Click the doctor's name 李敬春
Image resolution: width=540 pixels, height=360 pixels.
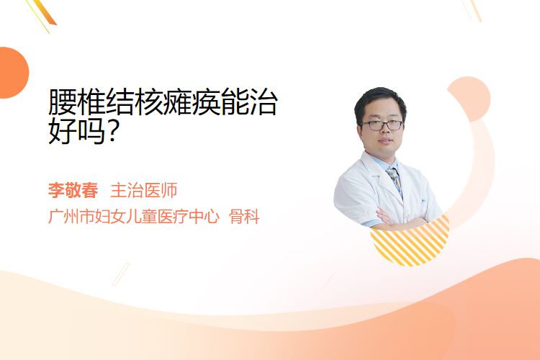tap(73, 191)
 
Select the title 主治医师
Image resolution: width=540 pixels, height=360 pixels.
tap(144, 191)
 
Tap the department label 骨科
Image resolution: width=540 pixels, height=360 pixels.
tap(244, 217)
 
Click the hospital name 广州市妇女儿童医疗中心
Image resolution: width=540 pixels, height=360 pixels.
tap(134, 217)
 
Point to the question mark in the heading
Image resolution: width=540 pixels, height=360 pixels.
tap(111, 130)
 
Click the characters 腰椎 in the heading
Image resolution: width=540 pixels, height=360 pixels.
tap(77, 102)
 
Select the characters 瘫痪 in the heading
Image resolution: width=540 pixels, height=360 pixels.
tap(192, 102)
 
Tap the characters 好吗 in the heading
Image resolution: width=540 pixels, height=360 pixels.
tap(77, 131)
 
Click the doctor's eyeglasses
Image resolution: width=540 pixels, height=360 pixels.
tap(382, 125)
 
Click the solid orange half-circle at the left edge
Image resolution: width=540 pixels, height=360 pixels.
tap(13, 73)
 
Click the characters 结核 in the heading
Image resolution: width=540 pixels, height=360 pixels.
tap(135, 102)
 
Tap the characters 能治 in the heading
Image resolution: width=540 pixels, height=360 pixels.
tap(249, 102)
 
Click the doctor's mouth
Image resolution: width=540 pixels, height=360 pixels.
tap(385, 140)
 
